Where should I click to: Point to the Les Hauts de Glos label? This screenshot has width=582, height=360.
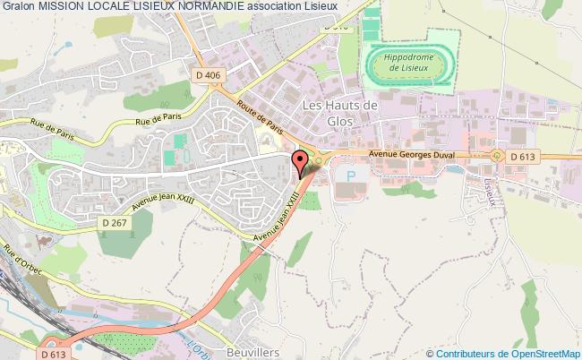tap(340, 114)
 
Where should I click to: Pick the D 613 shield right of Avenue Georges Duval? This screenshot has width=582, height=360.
tap(524, 157)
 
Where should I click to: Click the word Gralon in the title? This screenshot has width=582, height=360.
tap(18, 7)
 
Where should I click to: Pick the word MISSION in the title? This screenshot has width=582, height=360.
tap(64, 7)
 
